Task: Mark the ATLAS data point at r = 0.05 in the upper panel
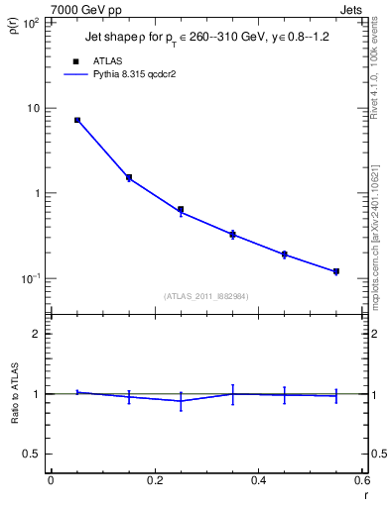77,120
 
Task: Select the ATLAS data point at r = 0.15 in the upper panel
129,178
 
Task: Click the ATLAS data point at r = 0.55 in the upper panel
336,271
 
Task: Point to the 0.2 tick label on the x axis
154,480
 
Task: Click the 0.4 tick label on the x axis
258,480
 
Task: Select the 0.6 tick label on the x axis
361,480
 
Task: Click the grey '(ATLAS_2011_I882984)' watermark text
206,296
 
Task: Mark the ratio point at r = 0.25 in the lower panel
181,401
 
